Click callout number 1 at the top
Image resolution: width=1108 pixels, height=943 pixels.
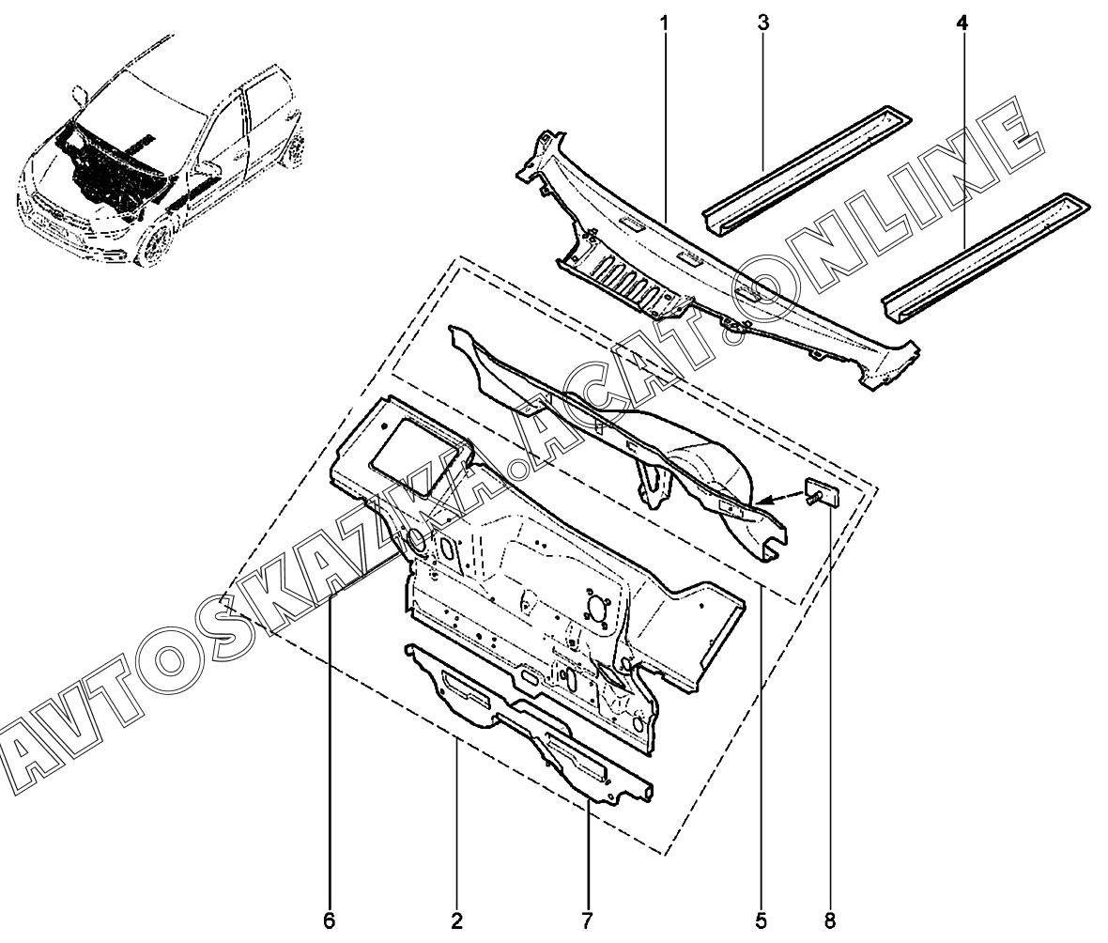tap(664, 23)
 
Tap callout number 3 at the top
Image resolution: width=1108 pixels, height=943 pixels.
tap(763, 23)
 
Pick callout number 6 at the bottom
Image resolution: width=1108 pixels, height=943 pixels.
tap(329, 920)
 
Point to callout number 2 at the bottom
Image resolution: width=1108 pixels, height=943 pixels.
tap(456, 920)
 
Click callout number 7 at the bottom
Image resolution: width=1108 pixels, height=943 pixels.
tap(587, 920)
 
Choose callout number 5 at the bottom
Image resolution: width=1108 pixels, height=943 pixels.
tap(761, 920)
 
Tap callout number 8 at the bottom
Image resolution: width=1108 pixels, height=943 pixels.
tap(829, 920)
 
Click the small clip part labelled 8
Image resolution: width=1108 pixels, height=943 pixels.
tap(821, 492)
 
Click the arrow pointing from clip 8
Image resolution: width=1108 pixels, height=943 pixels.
tap(781, 500)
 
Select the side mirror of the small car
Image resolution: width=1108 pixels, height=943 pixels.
tap(79, 96)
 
